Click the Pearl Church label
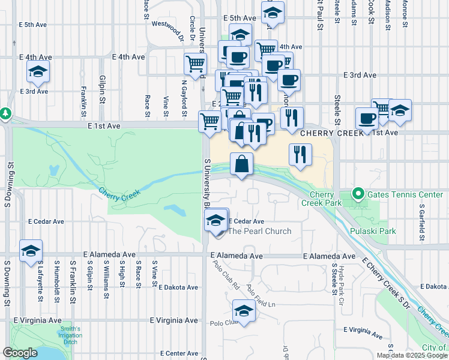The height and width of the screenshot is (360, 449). point(260,231)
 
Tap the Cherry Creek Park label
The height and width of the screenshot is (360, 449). point(326,199)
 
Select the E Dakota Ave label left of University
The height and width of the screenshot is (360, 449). point(178,287)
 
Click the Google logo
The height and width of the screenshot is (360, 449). point(20,353)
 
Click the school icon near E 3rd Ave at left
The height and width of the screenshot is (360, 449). point(38,73)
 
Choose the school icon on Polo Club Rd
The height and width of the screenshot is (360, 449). point(243,311)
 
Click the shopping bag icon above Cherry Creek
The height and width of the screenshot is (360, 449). point(241,164)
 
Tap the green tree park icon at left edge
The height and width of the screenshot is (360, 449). point(5,113)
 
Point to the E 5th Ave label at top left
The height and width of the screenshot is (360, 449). point(33,25)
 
